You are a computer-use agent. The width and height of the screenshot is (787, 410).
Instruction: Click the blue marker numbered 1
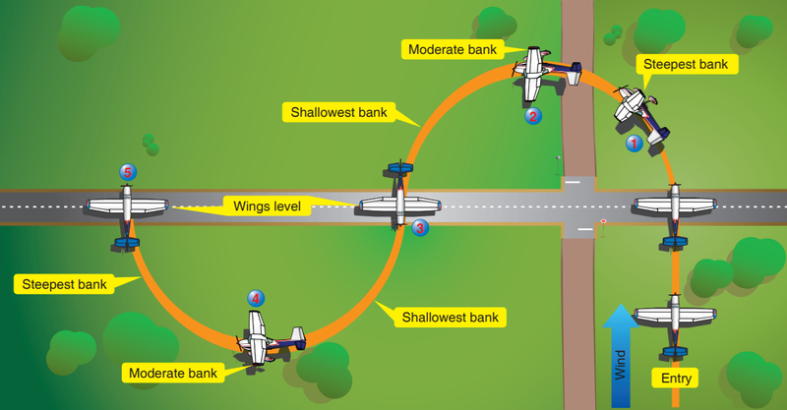click(x=634, y=144)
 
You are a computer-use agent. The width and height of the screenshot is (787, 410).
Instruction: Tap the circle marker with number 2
click(x=533, y=116)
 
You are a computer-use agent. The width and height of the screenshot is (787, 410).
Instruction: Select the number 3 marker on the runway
click(x=420, y=228)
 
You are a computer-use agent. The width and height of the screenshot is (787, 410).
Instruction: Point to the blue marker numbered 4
click(x=256, y=299)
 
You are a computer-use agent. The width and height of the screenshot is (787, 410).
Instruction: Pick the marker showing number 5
click(x=128, y=172)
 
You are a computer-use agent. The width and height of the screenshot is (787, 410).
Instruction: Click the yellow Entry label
click(x=676, y=378)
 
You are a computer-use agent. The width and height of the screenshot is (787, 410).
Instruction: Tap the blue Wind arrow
click(x=621, y=355)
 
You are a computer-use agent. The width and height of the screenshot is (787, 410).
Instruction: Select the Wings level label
click(x=267, y=206)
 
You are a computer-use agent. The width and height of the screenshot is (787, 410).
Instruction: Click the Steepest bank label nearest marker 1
click(x=687, y=64)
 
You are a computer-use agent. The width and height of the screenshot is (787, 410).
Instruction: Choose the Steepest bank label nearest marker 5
click(x=64, y=284)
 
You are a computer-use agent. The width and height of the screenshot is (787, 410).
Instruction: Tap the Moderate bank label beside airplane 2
click(x=453, y=49)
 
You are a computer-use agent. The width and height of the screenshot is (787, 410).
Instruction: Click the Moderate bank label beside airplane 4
click(x=173, y=373)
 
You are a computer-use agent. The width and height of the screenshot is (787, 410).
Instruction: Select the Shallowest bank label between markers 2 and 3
click(x=338, y=112)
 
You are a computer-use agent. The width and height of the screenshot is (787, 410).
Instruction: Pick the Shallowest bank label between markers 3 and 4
click(x=451, y=318)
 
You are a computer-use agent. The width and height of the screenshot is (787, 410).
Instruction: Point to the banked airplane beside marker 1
click(x=640, y=114)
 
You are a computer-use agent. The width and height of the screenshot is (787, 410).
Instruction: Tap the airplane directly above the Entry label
click(x=675, y=322)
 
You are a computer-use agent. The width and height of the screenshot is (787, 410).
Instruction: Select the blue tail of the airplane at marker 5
click(x=127, y=243)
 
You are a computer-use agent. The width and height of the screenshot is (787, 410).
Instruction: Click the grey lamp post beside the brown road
click(x=558, y=164)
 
